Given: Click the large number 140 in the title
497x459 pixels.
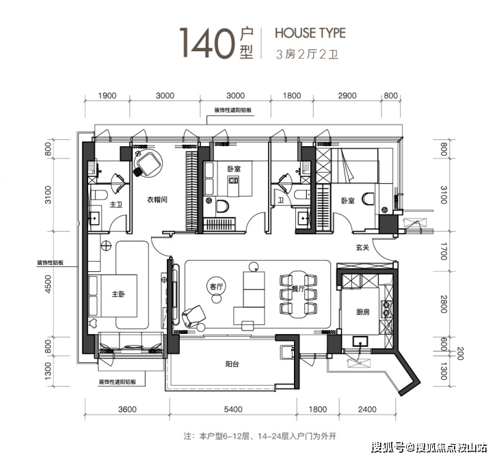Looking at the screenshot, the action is point(207,43).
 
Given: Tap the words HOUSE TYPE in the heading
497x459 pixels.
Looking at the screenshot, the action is point(310,33).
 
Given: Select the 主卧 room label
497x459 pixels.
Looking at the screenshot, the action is point(118,294).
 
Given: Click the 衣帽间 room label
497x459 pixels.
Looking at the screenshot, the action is point(157,199).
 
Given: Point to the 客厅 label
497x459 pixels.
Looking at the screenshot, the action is point(217,287).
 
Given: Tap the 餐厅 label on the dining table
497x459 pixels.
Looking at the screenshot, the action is point(298,288).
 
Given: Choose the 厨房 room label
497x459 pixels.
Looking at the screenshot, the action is point(362,312).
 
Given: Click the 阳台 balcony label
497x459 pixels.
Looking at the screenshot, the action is point(232,364).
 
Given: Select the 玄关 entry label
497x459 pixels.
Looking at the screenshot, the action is point(362,247).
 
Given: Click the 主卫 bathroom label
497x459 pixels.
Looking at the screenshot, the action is point(116,205).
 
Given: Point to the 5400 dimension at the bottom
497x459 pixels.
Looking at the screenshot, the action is point(233,409).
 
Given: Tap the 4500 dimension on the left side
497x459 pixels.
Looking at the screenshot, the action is point(48,283).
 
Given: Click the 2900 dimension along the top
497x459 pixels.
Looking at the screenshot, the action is point(347,96).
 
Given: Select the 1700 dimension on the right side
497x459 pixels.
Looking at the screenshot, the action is point(444,251).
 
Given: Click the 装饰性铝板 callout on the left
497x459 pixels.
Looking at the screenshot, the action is point(50,262).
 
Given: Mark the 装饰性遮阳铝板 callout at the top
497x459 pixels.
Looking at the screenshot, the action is point(233,110).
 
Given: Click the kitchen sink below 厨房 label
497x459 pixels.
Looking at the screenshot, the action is point(360,342).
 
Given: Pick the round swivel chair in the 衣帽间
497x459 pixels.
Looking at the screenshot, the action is point(148,163).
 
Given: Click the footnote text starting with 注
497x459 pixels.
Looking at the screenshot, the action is point(260,436).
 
